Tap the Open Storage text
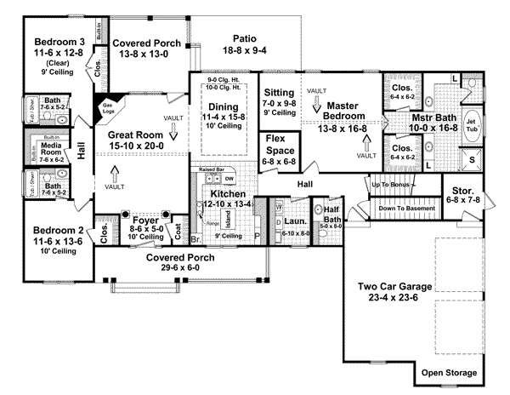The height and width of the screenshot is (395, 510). pos(450,373)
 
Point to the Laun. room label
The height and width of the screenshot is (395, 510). pos(295,220)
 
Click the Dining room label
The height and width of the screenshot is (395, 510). pos(224,106)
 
